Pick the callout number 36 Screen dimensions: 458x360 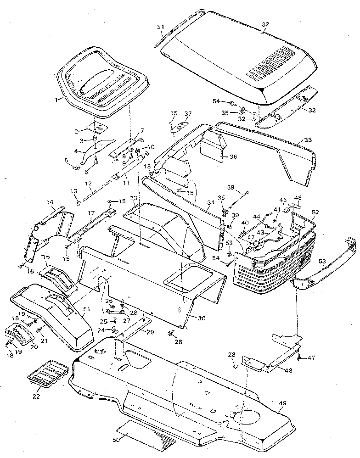(x=233, y=156)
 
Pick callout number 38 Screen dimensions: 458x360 (x=231, y=187)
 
